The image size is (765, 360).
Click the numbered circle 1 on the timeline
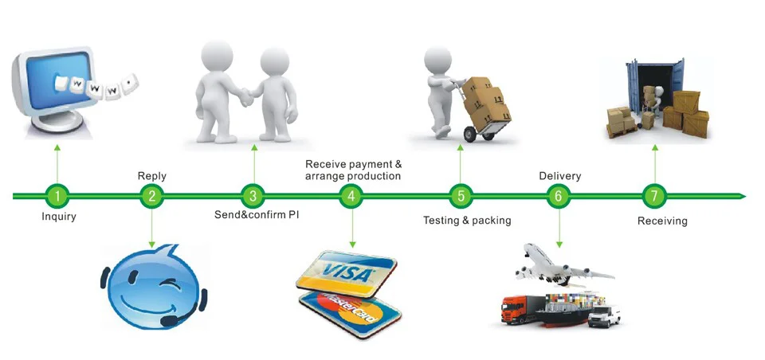pos(57,195)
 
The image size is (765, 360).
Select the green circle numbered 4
pos(350,195)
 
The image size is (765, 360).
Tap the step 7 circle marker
pos(654,195)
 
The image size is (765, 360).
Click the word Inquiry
pos(58,216)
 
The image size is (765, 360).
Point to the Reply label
pos(151,176)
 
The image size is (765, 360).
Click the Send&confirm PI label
pos(257,216)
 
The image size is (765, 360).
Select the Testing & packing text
pos(466,220)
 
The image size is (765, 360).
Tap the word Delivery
pos(559,176)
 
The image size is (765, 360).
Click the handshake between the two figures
pos(247,97)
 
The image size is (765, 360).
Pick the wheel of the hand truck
pos(469,133)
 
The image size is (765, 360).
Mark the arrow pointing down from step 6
pos(559,227)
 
